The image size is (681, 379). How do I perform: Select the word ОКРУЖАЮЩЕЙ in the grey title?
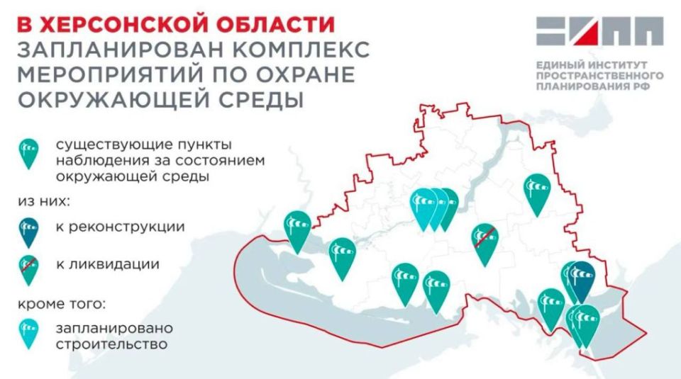(107, 99)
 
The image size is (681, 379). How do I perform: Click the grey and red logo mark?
(599, 31)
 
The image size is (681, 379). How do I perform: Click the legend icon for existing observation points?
(29, 152)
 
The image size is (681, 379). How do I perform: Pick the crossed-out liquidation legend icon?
(29, 268)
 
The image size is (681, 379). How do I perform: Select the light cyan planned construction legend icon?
(29, 332)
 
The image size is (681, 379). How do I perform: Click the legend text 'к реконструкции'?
(114, 227)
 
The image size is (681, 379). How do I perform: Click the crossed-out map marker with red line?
(486, 241)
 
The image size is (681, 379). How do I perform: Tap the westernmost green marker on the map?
(297, 228)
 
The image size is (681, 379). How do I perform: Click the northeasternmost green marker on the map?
(537, 191)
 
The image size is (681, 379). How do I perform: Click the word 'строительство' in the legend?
(111, 346)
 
